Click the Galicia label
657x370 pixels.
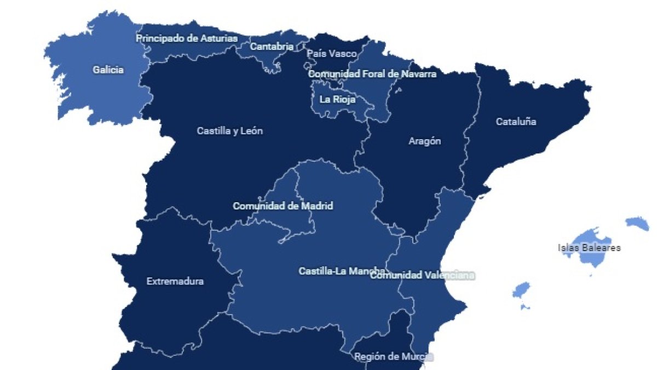coord(108,70)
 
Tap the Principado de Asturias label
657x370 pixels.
coord(187,38)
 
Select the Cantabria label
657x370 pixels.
coord(272,47)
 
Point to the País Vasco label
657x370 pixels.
coord(332,54)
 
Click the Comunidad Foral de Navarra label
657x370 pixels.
coord(372,73)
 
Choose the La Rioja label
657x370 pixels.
coord(337,100)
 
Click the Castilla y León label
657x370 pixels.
coord(230,132)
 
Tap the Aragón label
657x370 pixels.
coord(425,141)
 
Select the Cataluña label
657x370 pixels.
coord(516,122)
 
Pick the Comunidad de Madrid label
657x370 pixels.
coord(283,206)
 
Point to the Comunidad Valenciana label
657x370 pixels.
coord(422,275)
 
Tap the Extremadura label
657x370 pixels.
coord(175,281)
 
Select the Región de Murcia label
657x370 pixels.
coord(394,357)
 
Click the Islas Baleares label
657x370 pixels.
coord(589,248)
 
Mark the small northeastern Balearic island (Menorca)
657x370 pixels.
coord(637,223)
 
